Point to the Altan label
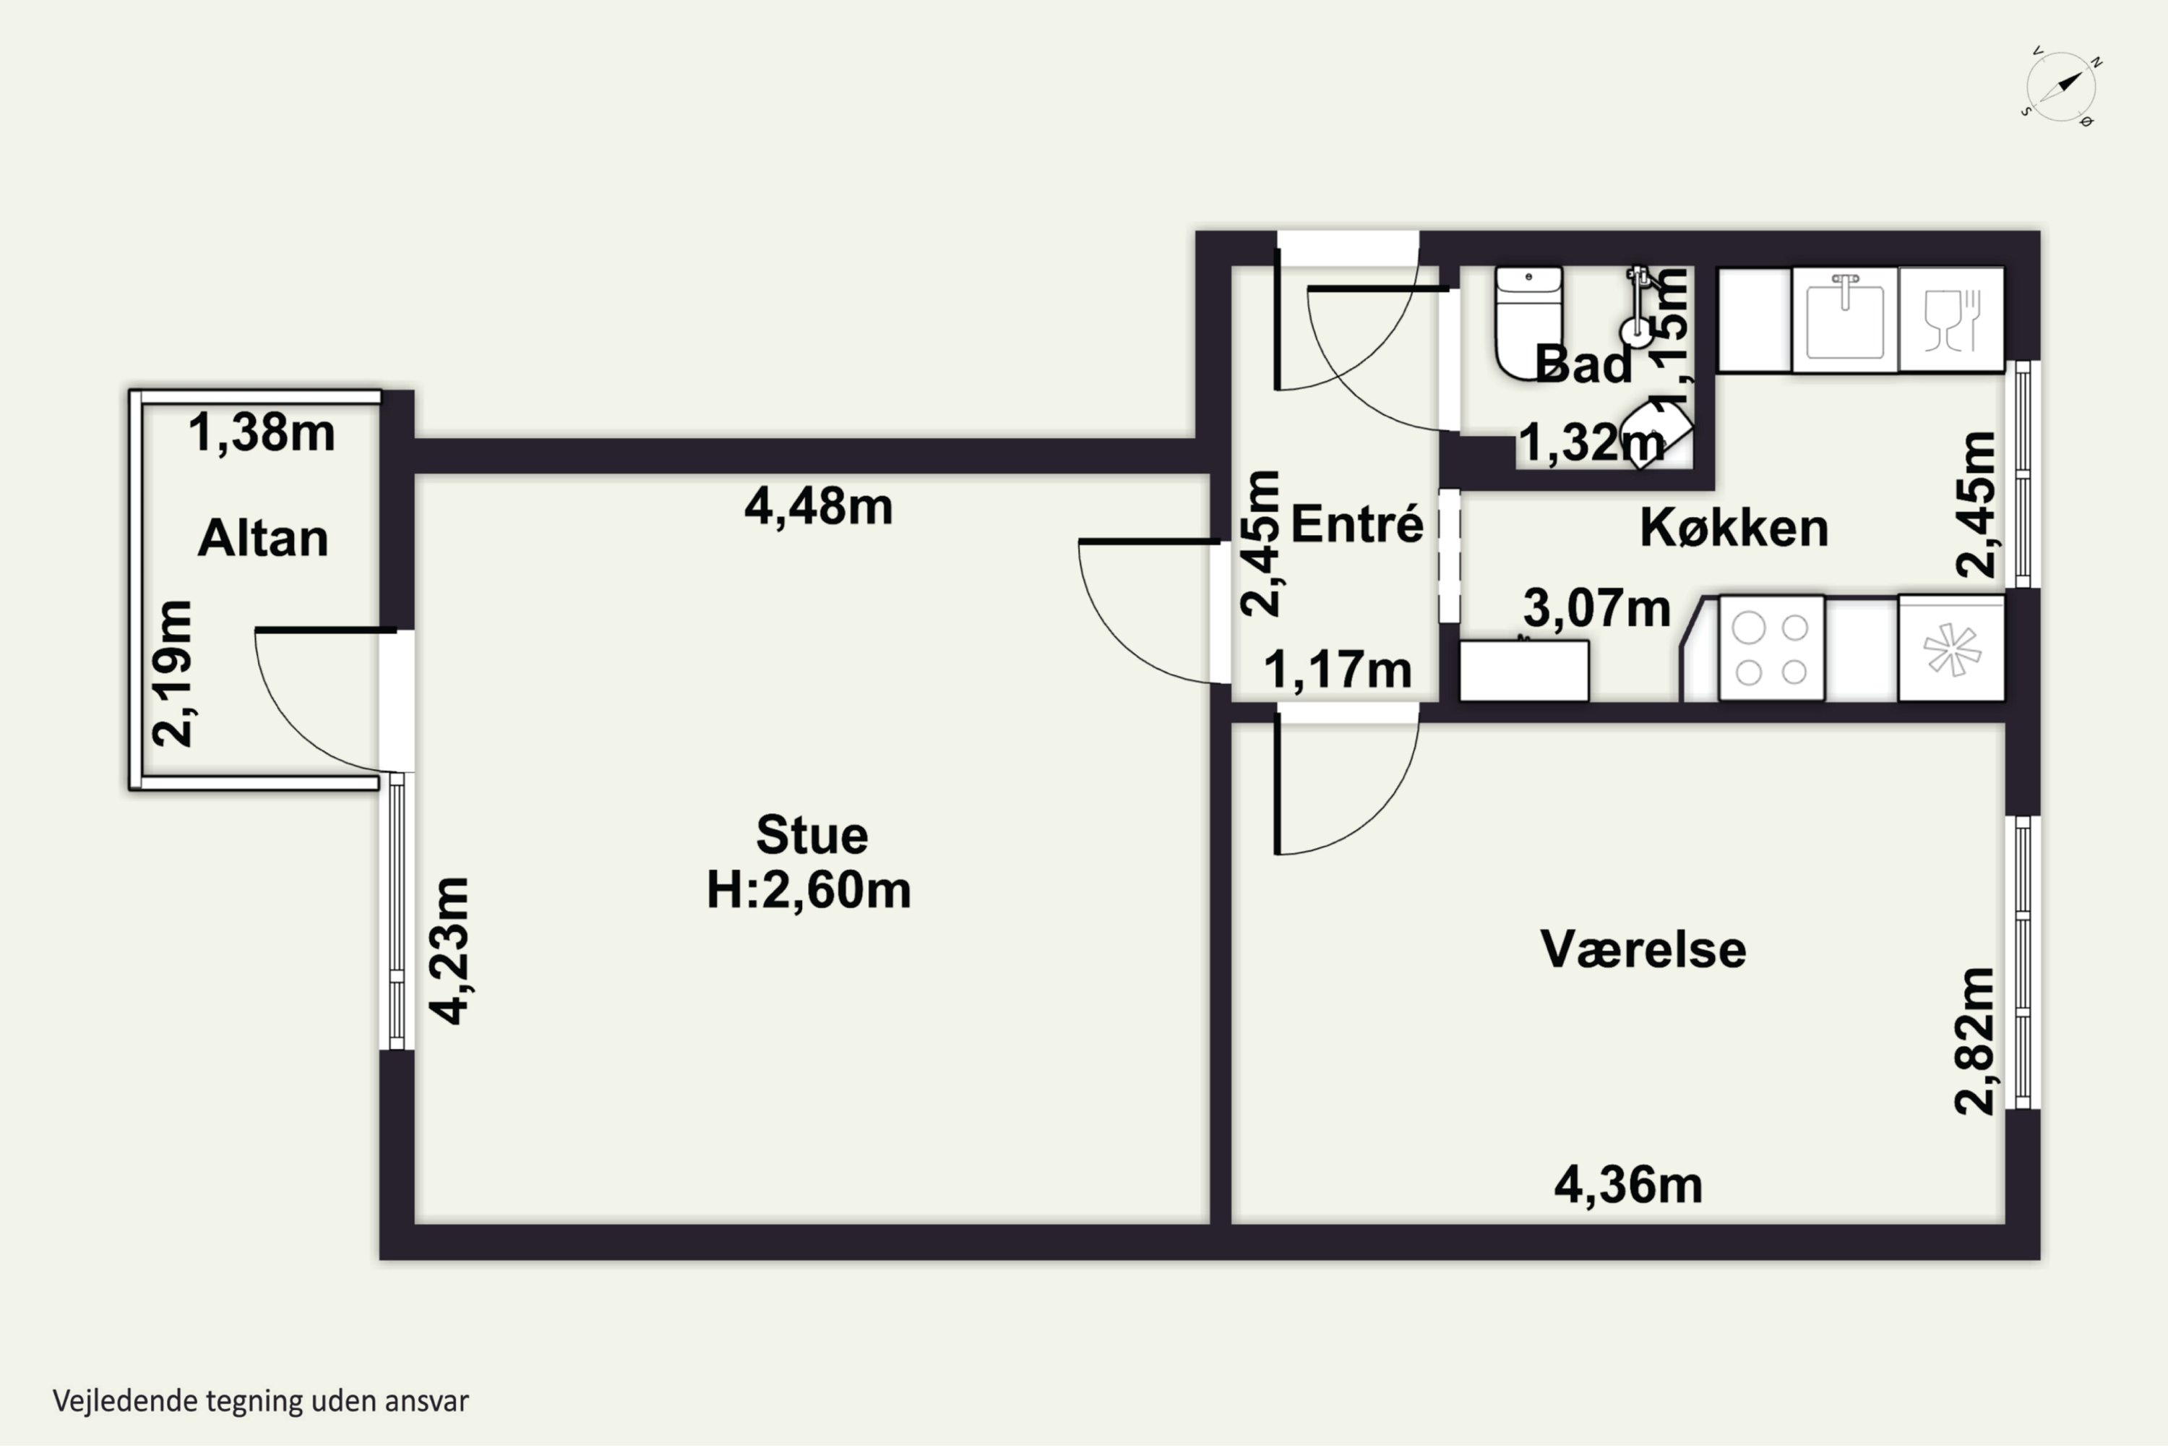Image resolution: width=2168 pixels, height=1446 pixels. point(263,538)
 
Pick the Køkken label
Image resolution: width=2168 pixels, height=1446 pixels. point(1734,528)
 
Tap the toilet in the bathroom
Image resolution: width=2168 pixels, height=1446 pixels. point(1528,322)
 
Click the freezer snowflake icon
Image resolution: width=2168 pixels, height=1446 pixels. point(1951,649)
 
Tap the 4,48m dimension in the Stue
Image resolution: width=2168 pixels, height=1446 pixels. point(819,506)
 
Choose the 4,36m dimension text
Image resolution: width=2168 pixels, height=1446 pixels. point(1629,1185)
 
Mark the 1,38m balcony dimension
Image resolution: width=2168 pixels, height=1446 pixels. point(262,432)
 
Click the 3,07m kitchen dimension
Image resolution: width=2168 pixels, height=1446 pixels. point(1597,608)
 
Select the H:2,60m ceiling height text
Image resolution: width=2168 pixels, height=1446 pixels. point(809,890)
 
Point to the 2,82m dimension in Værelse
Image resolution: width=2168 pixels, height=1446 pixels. point(1975,1041)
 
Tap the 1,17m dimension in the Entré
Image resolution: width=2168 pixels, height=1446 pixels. point(1338,669)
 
